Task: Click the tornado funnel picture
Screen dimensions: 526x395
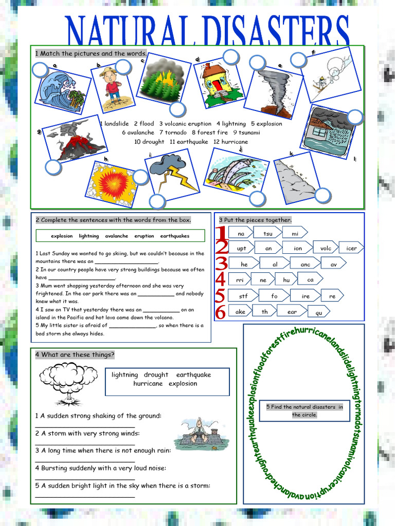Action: click(274, 91)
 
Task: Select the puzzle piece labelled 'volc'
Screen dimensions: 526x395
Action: click(326, 248)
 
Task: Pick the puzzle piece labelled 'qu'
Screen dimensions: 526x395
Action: click(319, 312)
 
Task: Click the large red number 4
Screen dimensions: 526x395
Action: click(221, 280)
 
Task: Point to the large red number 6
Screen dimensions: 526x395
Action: click(221, 312)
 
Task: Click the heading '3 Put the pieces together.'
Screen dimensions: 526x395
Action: click(255, 220)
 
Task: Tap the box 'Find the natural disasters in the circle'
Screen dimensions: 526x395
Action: click(304, 410)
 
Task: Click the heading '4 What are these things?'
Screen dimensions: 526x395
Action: click(75, 355)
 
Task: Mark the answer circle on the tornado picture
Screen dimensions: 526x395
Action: click(257, 63)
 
